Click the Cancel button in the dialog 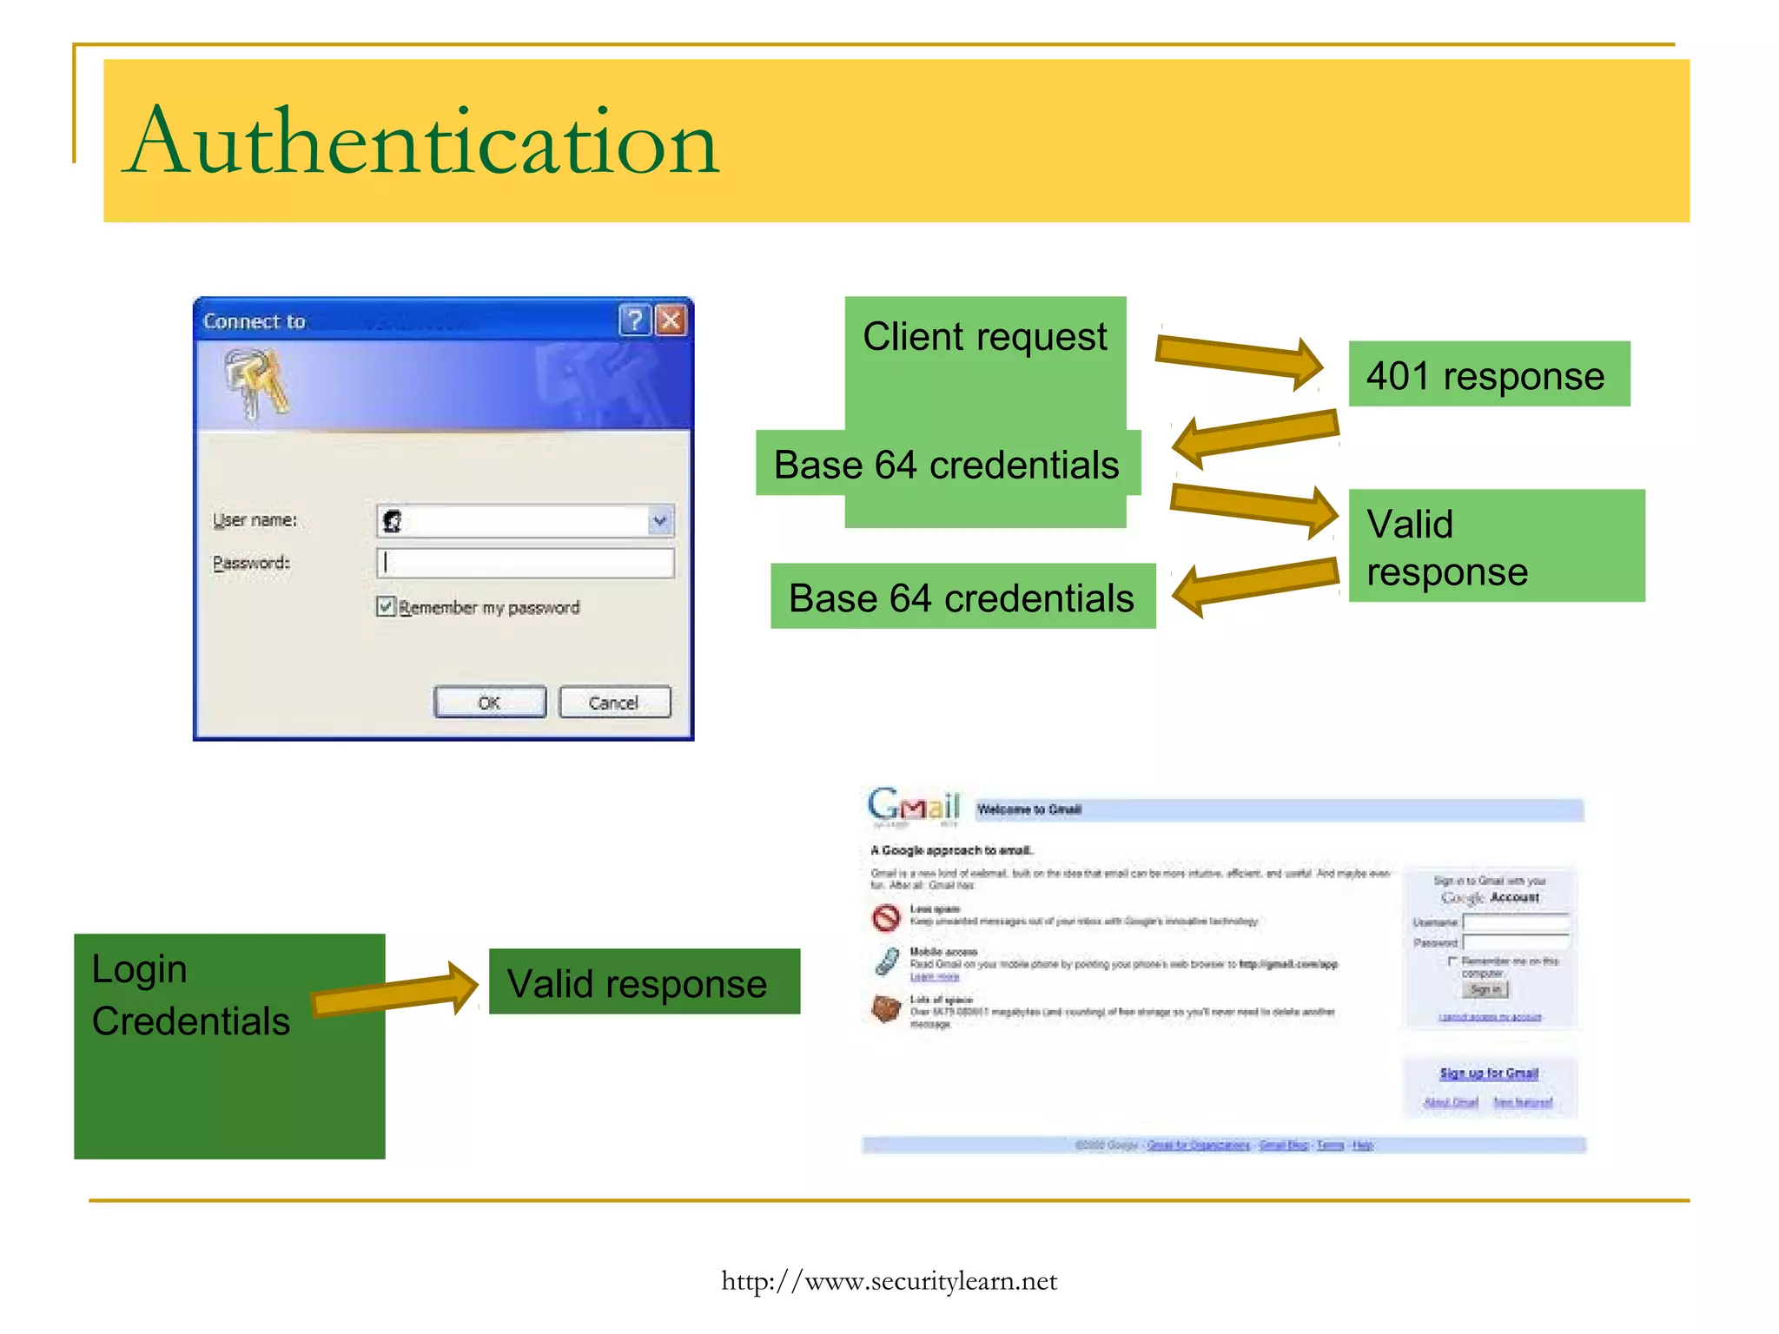[614, 703]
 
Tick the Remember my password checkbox [387, 606]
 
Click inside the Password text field [526, 563]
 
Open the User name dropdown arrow [660, 521]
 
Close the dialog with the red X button [671, 320]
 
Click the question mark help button [635, 320]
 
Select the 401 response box [1489, 374]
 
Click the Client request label [985, 337]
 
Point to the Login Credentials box [229, 1046]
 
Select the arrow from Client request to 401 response [1239, 358]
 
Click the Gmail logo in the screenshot [914, 806]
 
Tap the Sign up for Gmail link [1489, 1073]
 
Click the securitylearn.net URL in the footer [889, 1281]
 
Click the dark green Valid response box [644, 982]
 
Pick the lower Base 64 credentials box [962, 597]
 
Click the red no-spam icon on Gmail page [886, 917]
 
